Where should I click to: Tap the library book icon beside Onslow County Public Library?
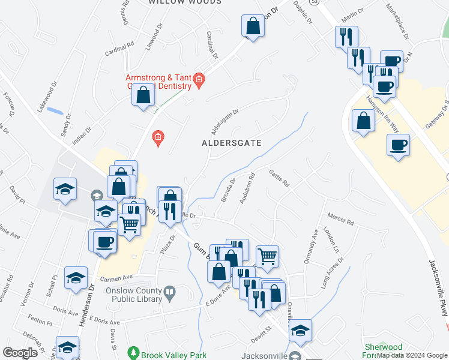pyautogui.click(x=170, y=293)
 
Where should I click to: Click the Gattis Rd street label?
pyautogui.click(x=279, y=178)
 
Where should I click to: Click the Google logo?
pyautogui.click(x=20, y=353)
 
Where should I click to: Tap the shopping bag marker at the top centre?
pyautogui.click(x=253, y=26)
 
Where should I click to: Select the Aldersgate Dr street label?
pyautogui.click(x=224, y=121)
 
